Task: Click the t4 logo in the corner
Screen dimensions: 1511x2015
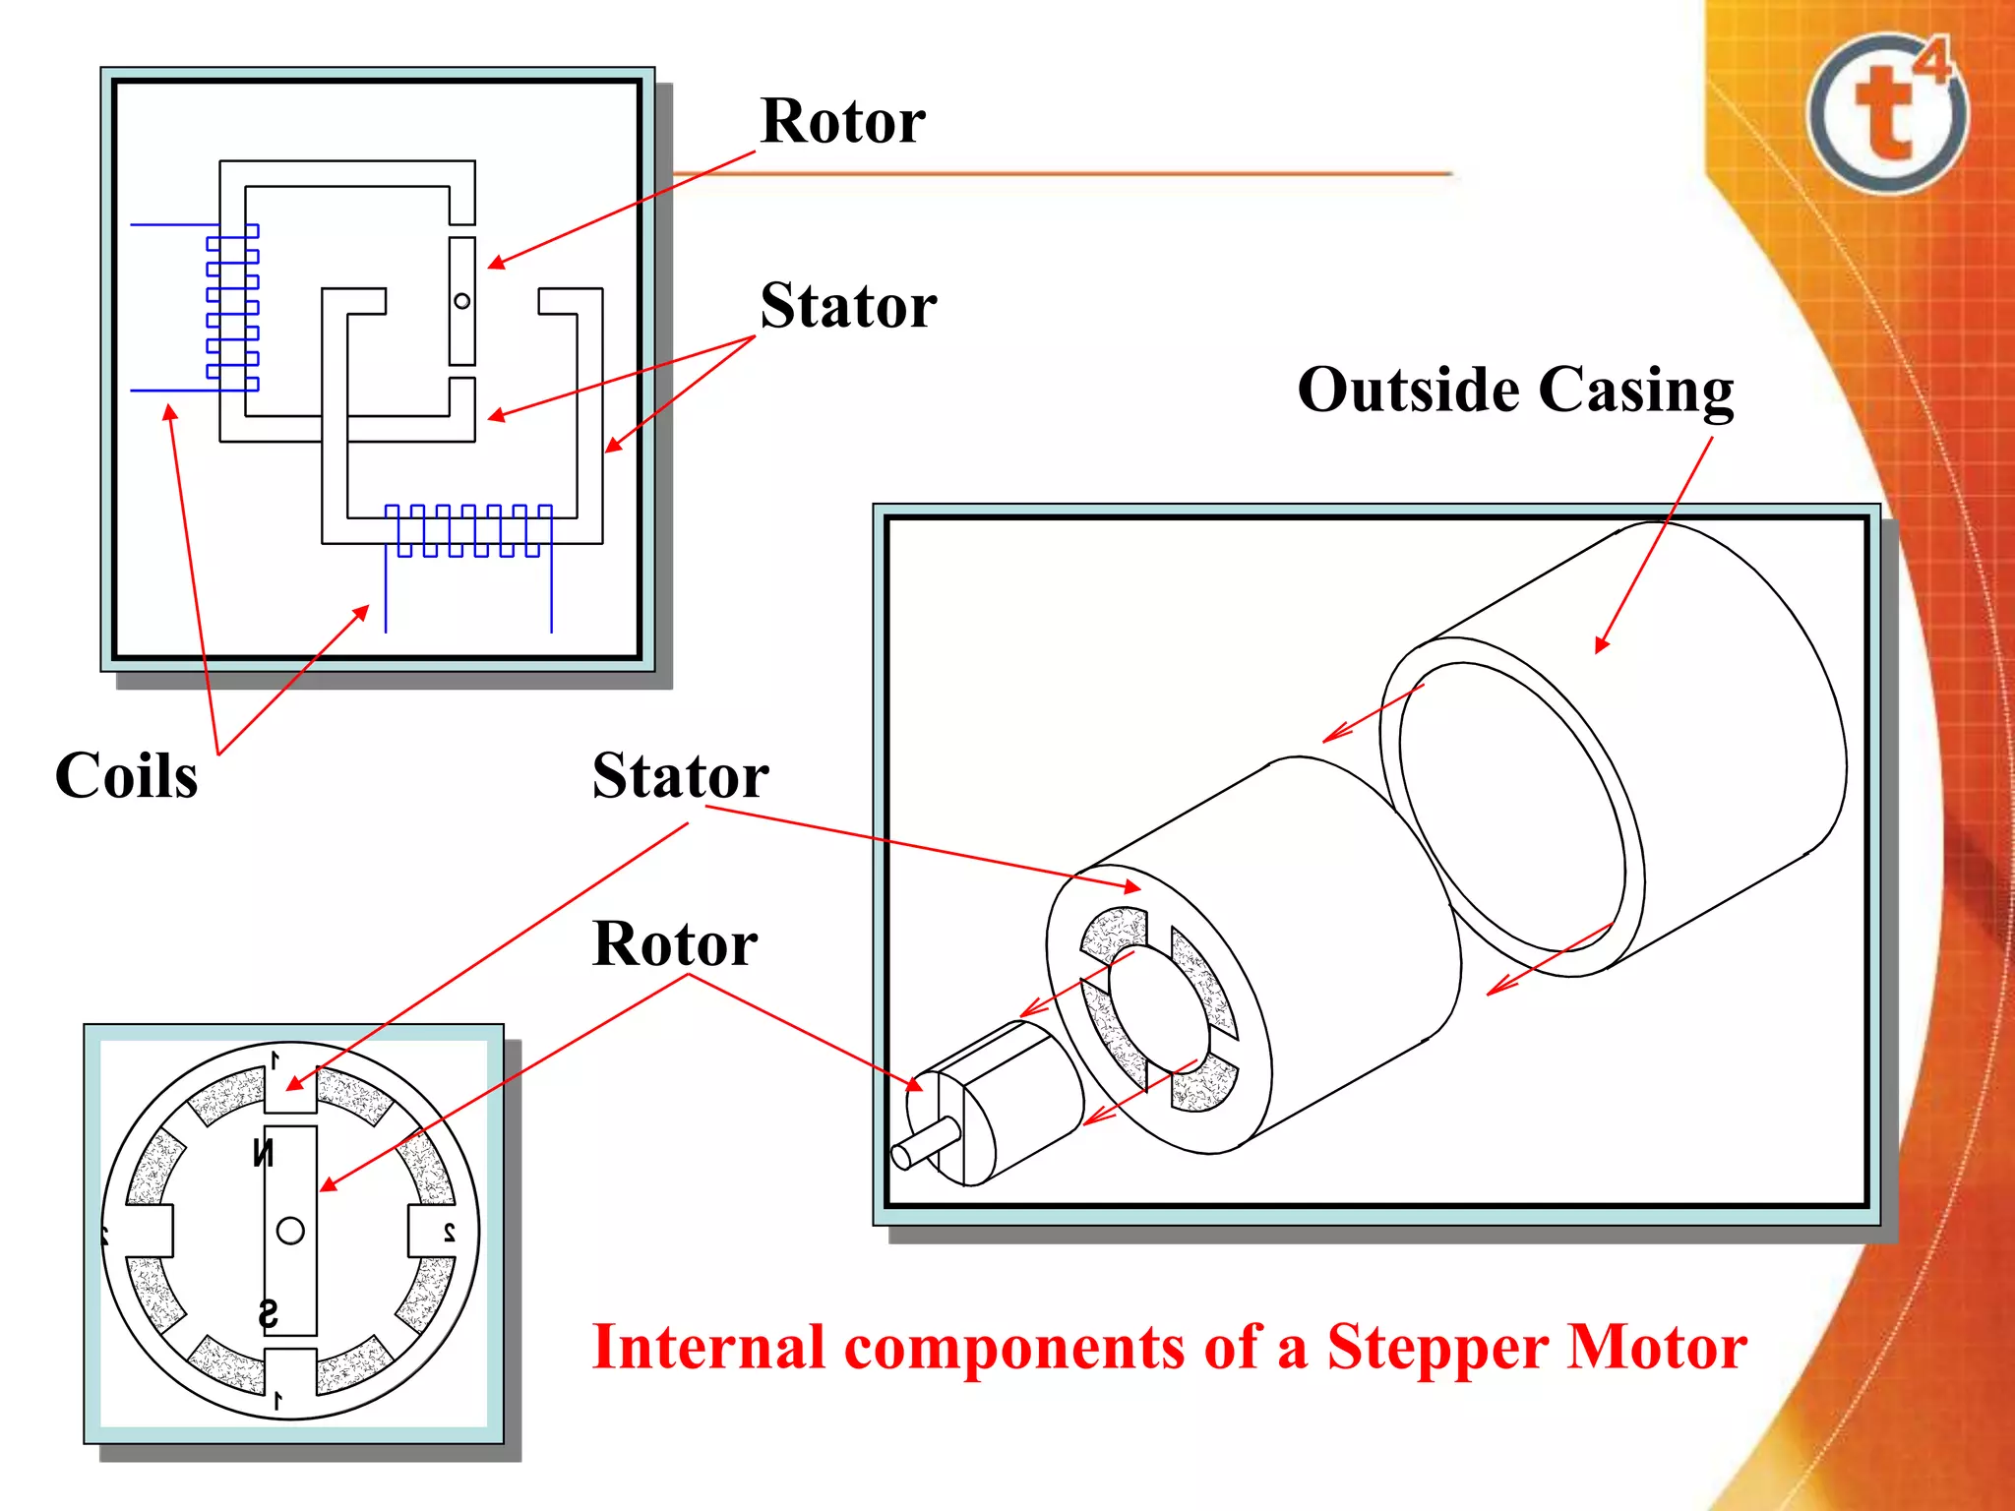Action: pos(1887,112)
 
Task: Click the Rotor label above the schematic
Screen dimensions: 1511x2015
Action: pos(842,121)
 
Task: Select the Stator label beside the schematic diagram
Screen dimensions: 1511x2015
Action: pos(848,305)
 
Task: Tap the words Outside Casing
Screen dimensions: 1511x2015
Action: pos(1515,391)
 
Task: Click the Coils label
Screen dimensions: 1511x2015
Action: pos(126,775)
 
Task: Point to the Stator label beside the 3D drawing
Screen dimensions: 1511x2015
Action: pos(680,775)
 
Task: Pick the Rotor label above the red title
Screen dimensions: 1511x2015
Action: pos(675,943)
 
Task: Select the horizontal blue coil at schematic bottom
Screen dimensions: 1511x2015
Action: pos(468,531)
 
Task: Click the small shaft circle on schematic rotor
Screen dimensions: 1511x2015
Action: pos(462,301)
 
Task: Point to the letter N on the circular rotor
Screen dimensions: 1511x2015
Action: pos(263,1152)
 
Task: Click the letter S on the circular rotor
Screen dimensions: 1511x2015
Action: pos(268,1314)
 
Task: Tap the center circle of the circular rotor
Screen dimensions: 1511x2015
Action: pos(290,1231)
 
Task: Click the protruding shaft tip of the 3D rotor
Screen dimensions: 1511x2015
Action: pos(901,1157)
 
